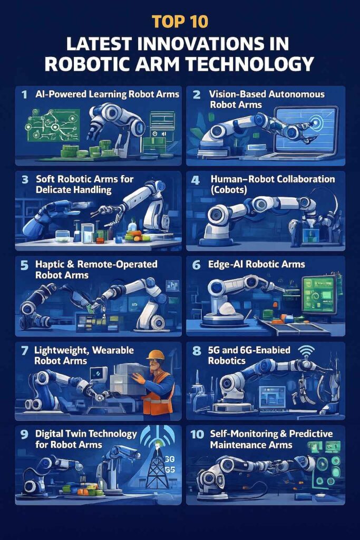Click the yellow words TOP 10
(x=180, y=21)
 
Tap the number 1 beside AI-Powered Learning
(x=24, y=94)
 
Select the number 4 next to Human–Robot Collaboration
(x=195, y=180)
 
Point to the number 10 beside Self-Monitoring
(x=197, y=435)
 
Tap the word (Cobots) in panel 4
(x=229, y=190)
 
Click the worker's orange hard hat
(x=156, y=355)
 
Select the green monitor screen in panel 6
(x=318, y=294)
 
